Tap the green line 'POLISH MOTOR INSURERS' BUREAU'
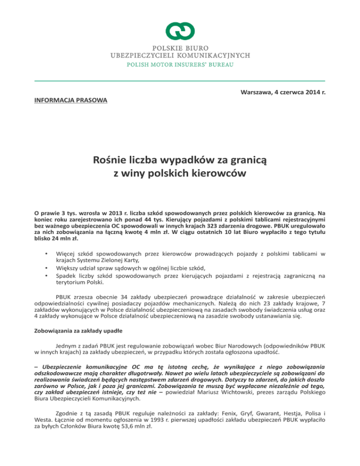coord(180,64)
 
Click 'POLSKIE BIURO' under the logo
coord(180,48)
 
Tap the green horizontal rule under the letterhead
coord(180,81)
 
